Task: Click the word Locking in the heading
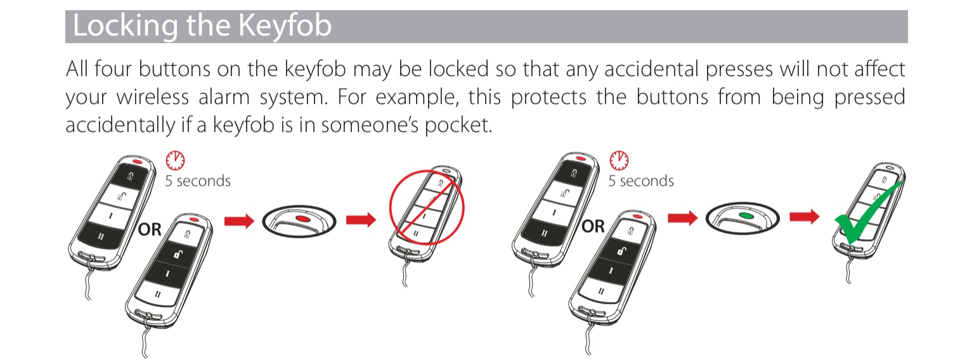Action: tap(125, 26)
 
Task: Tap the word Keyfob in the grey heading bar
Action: tap(285, 25)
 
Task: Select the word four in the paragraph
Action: tap(113, 69)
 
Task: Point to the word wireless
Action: tap(152, 96)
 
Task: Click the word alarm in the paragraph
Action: tap(224, 96)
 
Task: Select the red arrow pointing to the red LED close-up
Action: tap(239, 221)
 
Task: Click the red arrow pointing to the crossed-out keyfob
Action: tap(361, 219)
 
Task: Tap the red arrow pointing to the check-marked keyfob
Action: tap(805, 216)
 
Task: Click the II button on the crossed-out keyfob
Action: tap(415, 233)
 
